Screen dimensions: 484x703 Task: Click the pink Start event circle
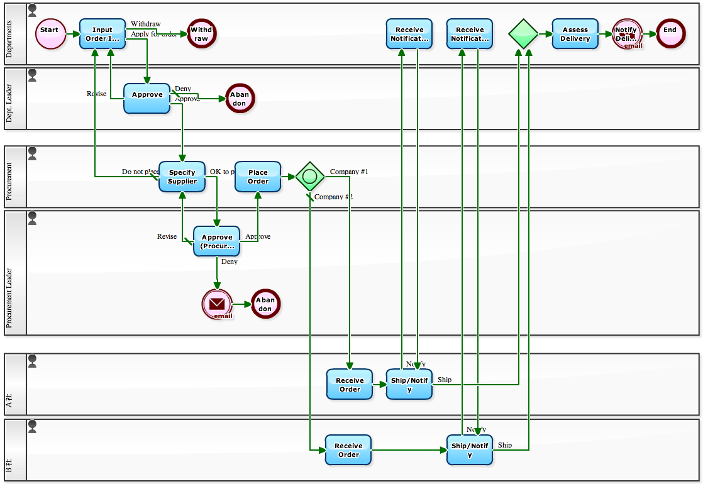click(50, 34)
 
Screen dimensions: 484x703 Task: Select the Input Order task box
click(102, 34)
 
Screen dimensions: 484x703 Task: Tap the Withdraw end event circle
click(201, 34)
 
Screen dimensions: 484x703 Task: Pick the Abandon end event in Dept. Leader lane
click(240, 98)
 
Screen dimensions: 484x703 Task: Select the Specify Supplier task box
click(182, 177)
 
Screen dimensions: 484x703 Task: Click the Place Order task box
click(258, 177)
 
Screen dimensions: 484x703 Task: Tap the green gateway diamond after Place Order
click(309, 177)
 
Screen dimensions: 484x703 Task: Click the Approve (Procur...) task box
click(217, 241)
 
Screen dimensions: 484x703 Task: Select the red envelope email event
click(217, 304)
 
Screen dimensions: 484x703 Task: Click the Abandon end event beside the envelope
click(265, 304)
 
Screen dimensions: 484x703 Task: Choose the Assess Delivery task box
click(575, 34)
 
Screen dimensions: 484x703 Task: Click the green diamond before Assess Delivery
click(523, 34)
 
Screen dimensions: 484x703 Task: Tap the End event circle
click(670, 34)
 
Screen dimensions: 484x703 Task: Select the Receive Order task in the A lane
click(350, 384)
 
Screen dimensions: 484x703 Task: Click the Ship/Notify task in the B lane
click(470, 450)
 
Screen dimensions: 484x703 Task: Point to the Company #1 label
click(349, 172)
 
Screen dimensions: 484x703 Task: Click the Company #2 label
click(333, 197)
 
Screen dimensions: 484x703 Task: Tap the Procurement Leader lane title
click(9, 299)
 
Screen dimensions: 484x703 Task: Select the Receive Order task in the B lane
click(348, 450)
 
